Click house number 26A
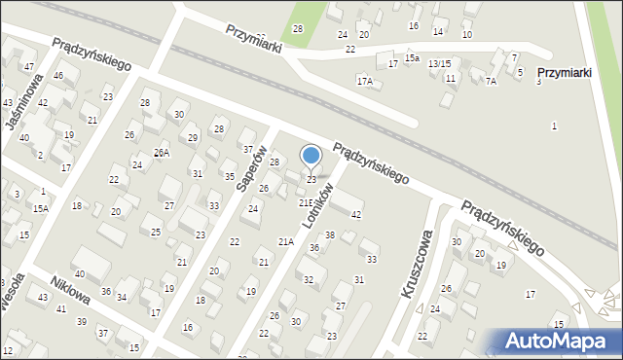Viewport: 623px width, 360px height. [x=162, y=153]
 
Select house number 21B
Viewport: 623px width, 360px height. [x=305, y=202]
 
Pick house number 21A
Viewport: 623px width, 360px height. [x=285, y=241]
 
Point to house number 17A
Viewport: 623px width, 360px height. [x=364, y=81]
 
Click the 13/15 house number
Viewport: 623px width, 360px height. [x=439, y=63]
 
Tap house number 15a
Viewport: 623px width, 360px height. [x=413, y=58]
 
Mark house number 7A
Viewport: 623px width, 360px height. [x=491, y=82]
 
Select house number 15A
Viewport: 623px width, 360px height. [x=40, y=208]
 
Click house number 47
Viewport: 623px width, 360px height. [x=29, y=66]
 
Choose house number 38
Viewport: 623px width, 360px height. [x=330, y=235]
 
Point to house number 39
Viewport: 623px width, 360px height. [x=82, y=321]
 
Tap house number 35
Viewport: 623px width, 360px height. [x=230, y=176]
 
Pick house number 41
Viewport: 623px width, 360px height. [x=60, y=308]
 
